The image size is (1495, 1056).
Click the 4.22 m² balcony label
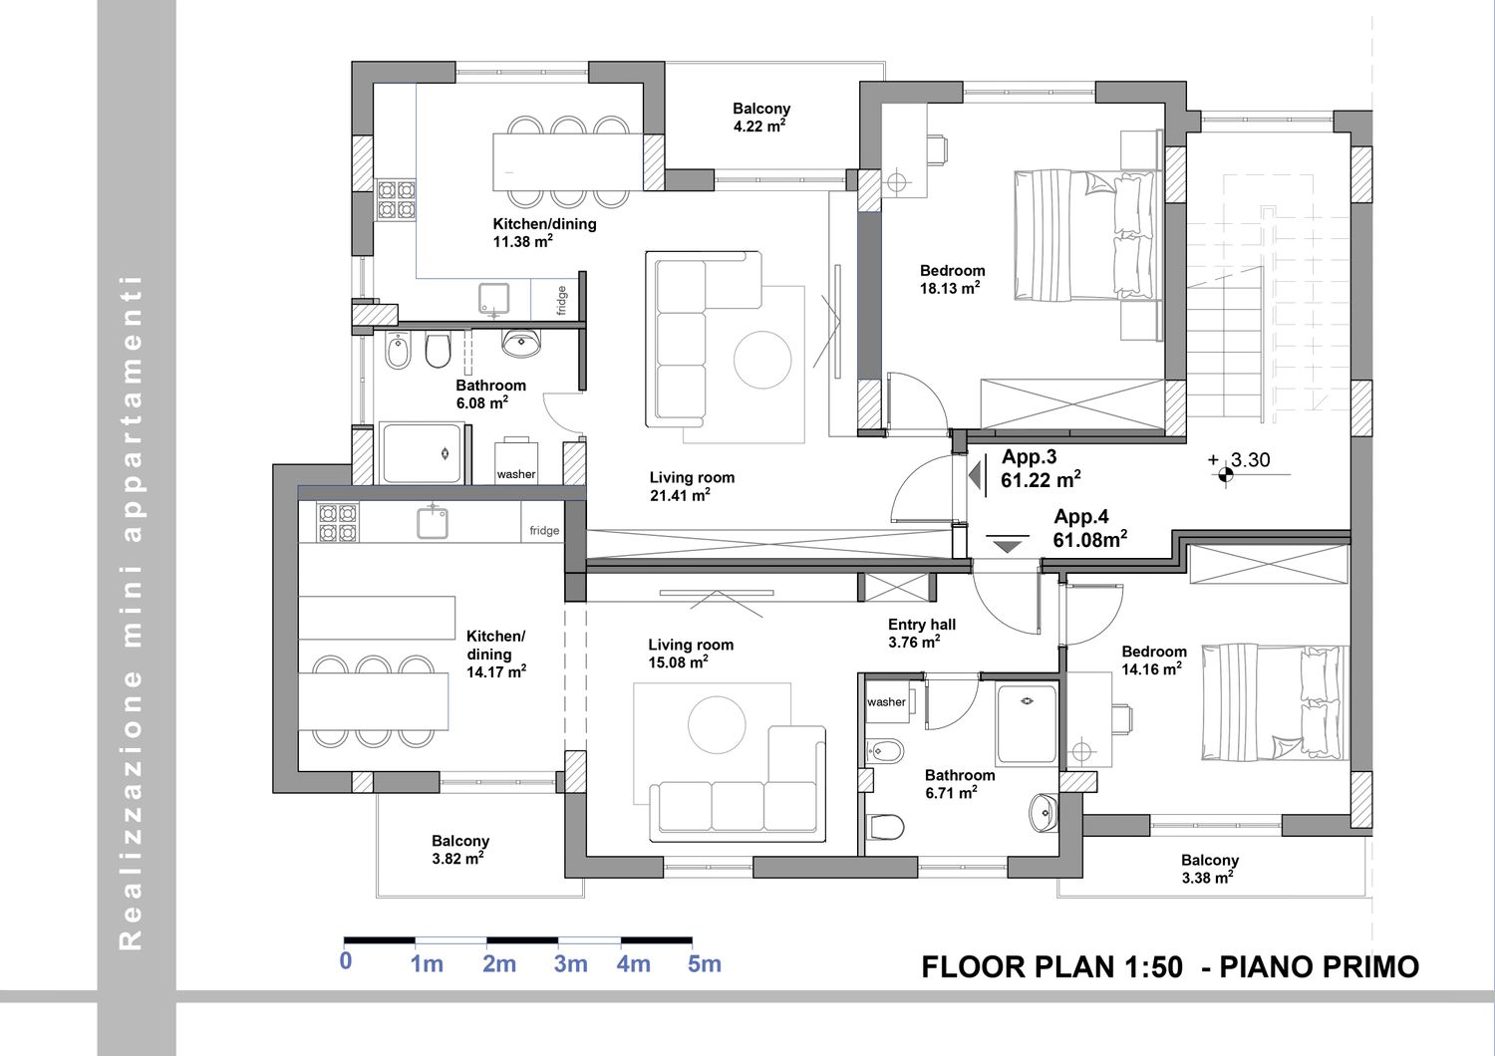pos(760,118)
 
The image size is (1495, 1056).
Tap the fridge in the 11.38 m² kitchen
pos(554,300)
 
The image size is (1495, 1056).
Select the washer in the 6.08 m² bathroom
pos(516,460)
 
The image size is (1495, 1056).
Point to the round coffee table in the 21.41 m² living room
pos(762,360)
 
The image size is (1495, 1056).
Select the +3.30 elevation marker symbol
pos(1225,475)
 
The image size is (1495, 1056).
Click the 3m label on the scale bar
pos(570,964)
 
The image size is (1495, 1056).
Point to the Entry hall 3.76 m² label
pos(922,633)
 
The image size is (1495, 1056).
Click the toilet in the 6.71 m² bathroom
pos(885,827)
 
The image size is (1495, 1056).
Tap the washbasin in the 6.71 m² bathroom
pos(1044,813)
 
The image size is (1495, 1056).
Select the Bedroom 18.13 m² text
pos(952,280)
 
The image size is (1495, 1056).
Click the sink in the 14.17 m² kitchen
pos(432,522)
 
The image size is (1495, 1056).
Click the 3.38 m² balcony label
pos(1209,870)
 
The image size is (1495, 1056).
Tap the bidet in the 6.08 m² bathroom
pos(399,351)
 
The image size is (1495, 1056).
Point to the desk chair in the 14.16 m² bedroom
pos(1121,719)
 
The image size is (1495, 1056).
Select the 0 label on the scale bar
pos(345,961)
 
